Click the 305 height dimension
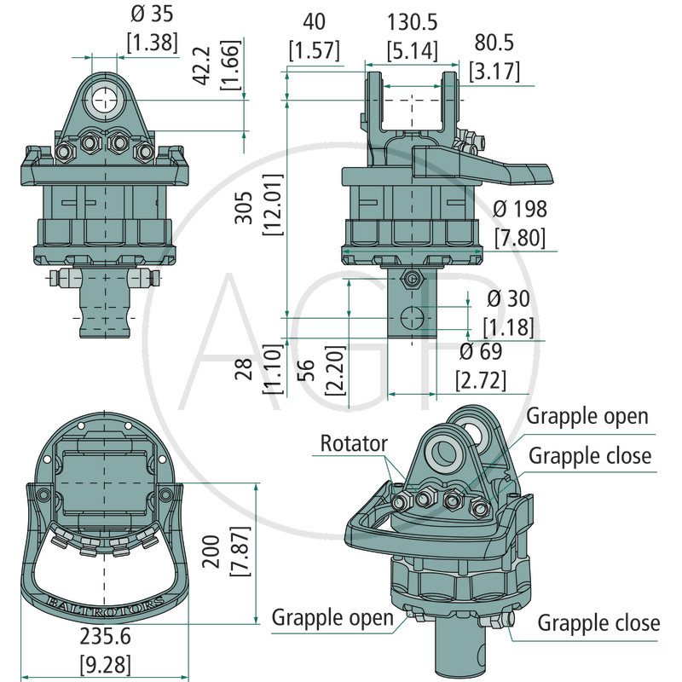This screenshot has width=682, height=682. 246,206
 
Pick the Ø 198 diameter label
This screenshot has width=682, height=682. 519,208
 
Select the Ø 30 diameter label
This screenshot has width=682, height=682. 508,298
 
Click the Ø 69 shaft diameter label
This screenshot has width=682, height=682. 481,351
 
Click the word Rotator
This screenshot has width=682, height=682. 354,443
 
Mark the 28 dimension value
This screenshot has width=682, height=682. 246,370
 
